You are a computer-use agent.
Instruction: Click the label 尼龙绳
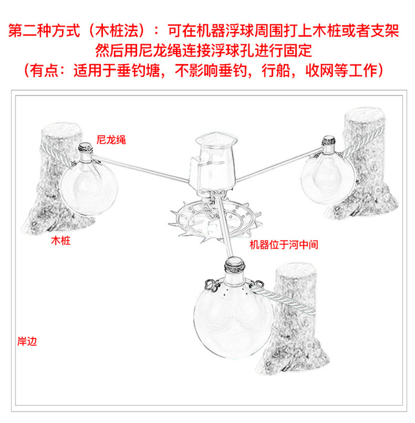pyautogui.click(x=111, y=140)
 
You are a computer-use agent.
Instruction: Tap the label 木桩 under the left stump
pyautogui.click(x=61, y=241)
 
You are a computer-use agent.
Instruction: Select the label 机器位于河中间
pyautogui.click(x=284, y=245)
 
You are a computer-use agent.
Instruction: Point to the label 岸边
pyautogui.click(x=27, y=341)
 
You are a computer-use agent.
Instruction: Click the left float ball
pyautogui.click(x=89, y=187)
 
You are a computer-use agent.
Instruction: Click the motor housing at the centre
pyautogui.click(x=213, y=165)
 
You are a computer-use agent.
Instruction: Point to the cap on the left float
pyautogui.click(x=85, y=148)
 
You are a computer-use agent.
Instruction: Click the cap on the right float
pyautogui.click(x=329, y=140)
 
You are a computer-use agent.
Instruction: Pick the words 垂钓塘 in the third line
pyautogui.click(x=138, y=71)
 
